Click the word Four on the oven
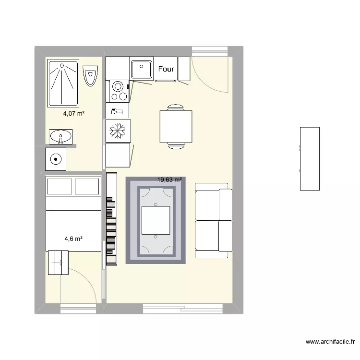click(166, 69)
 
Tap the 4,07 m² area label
click(74, 113)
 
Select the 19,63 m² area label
click(169, 180)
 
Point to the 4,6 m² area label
click(73, 239)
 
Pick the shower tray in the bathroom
click(63, 84)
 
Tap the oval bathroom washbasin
click(60, 136)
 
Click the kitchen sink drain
click(141, 67)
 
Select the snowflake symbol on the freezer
click(118, 131)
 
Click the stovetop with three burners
click(117, 91)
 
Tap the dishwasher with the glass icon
click(117, 111)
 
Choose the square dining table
click(176, 127)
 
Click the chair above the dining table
click(176, 108)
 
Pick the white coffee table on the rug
click(156, 220)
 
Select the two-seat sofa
click(214, 220)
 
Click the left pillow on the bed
click(60, 186)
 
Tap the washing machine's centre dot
click(56, 159)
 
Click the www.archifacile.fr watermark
click(330, 342)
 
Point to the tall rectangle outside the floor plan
click(310, 159)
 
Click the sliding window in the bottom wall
click(183, 309)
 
